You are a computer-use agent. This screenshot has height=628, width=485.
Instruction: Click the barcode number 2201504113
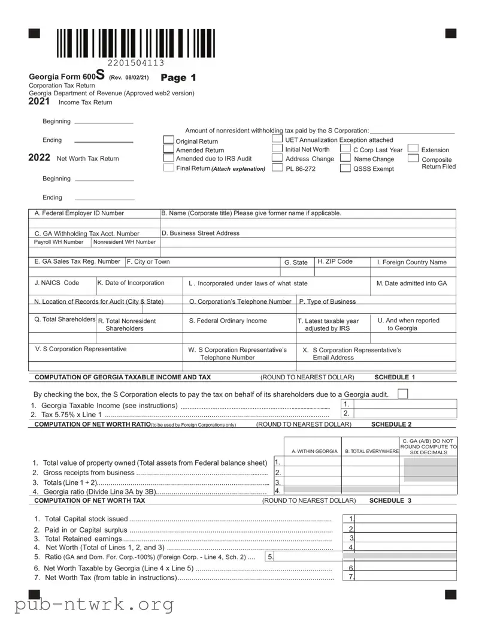(x=136, y=63)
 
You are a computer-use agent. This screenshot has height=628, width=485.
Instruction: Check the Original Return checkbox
(x=168, y=141)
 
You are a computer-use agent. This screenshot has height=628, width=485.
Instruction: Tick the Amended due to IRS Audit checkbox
(x=168, y=158)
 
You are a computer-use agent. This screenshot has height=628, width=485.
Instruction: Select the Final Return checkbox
(x=168, y=168)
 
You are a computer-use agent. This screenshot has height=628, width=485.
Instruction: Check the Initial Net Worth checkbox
(x=277, y=149)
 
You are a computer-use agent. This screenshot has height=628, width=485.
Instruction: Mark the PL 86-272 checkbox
(x=277, y=168)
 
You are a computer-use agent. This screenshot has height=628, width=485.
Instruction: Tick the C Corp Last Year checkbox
(x=345, y=149)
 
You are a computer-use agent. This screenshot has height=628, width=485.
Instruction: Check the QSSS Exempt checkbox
(x=345, y=168)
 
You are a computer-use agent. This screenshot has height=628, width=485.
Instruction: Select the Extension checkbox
(x=413, y=149)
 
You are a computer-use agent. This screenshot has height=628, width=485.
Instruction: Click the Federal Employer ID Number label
(x=79, y=213)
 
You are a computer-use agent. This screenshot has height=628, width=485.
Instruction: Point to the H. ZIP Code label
(x=335, y=262)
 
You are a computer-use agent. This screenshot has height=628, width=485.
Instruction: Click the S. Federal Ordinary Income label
(x=228, y=321)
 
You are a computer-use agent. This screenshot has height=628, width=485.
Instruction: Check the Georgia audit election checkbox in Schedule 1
(x=403, y=394)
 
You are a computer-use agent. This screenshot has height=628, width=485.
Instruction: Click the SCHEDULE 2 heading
(x=391, y=424)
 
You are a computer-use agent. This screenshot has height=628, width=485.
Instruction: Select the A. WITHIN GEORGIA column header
(x=314, y=451)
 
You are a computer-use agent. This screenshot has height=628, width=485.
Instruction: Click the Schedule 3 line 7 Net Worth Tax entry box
(x=406, y=577)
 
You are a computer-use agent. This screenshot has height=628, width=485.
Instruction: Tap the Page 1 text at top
(x=178, y=78)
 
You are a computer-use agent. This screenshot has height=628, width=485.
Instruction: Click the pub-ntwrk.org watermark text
(x=94, y=604)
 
